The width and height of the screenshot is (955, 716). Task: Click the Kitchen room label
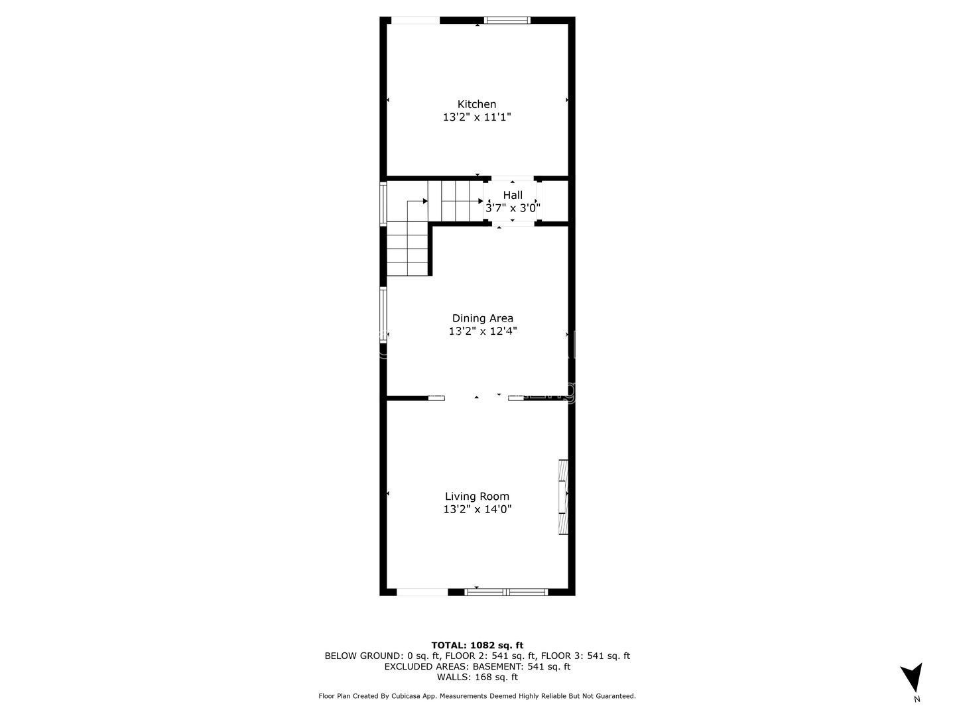coord(476,104)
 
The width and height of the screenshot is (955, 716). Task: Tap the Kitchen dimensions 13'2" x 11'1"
coord(476,117)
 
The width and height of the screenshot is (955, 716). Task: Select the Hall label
coord(513,195)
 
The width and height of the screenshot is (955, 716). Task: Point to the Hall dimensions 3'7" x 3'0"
coord(513,208)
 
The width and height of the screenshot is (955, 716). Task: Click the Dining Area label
coord(483,318)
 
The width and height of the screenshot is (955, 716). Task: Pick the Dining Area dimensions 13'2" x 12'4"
coord(483,331)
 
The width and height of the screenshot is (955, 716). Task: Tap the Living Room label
coord(477,497)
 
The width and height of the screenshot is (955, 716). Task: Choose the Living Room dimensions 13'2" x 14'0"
coord(477,509)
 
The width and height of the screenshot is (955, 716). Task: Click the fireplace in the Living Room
coord(564,497)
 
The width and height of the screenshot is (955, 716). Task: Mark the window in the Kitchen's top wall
coord(507,20)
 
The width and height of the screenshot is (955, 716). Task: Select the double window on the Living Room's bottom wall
coord(506,591)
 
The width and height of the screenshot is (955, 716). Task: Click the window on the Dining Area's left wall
coord(383,315)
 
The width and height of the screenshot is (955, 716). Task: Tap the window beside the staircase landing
coord(383,204)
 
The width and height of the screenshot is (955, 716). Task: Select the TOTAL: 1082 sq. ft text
coord(477,645)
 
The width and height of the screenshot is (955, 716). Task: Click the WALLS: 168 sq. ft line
coord(477,677)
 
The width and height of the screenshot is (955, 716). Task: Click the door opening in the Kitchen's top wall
coord(416,20)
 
